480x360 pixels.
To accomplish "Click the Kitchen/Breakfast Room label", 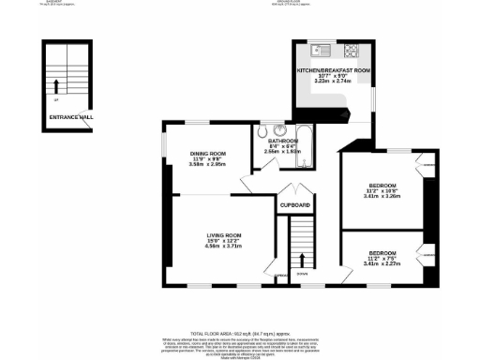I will click(333, 70).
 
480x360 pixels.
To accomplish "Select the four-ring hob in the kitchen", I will click(352, 50).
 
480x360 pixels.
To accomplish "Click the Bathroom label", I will click(282, 140).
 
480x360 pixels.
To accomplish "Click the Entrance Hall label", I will click(72, 117).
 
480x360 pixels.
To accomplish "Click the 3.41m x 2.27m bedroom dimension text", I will click(382, 263).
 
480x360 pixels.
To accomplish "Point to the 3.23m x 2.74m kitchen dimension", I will click(333, 82).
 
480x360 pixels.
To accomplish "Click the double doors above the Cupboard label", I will click(293, 191).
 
